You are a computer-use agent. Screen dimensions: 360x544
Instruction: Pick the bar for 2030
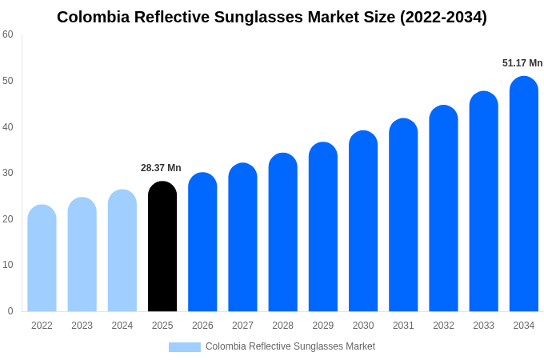point(363,222)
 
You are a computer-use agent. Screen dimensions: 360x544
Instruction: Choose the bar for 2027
point(242,238)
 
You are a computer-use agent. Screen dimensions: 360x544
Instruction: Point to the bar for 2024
point(122,251)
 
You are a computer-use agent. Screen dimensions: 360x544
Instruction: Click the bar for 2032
point(443,209)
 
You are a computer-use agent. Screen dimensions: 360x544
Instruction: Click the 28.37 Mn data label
point(161,168)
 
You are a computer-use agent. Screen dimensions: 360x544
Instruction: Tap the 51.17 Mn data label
point(522,63)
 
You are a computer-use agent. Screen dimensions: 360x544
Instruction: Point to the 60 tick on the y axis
point(8,34)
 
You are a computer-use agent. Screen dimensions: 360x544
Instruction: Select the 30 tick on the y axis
point(8,173)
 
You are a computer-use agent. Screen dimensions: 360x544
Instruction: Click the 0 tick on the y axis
point(10,311)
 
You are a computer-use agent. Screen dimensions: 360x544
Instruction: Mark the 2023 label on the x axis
point(82,326)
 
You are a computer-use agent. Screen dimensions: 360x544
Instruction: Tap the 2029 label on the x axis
point(323,326)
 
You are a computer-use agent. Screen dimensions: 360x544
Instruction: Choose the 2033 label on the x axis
point(483,326)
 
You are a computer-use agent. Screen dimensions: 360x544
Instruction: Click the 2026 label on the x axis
point(202,326)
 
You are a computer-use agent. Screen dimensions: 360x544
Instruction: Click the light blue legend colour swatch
point(184,347)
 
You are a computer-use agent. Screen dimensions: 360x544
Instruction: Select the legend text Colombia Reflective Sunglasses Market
point(290,346)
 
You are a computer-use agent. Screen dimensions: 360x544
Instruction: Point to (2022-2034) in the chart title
point(444,17)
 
